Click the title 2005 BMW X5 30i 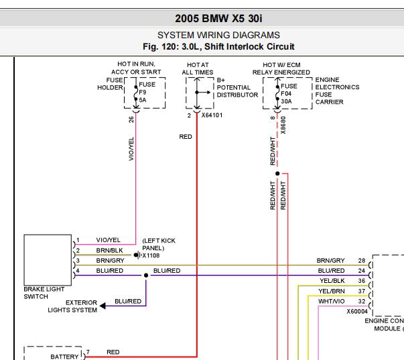pyautogui.click(x=218, y=19)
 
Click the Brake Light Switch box pyautogui.click(x=48, y=260)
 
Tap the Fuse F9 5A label pyautogui.click(x=147, y=92)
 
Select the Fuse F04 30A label pyautogui.click(x=289, y=94)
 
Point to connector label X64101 pyautogui.click(x=212, y=115)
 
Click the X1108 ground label pyautogui.click(x=151, y=255)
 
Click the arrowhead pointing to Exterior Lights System pyautogui.click(x=103, y=306)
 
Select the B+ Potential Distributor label pyautogui.click(x=237, y=88)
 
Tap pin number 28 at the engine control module pyautogui.click(x=362, y=261)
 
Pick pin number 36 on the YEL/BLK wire pyautogui.click(x=362, y=281)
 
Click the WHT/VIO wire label pyautogui.click(x=332, y=301)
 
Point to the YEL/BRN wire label pyautogui.click(x=332, y=291)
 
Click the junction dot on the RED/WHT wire pyautogui.click(x=277, y=174)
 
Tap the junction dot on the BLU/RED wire pyautogui.click(x=146, y=276)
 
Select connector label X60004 pyautogui.click(x=357, y=312)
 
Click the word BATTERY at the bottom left pyautogui.click(x=64, y=357)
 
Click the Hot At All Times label pyautogui.click(x=198, y=68)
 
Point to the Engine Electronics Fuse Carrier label pyautogui.click(x=337, y=91)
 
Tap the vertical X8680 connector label pyautogui.click(x=283, y=125)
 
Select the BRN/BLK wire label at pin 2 pyautogui.click(x=109, y=251)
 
